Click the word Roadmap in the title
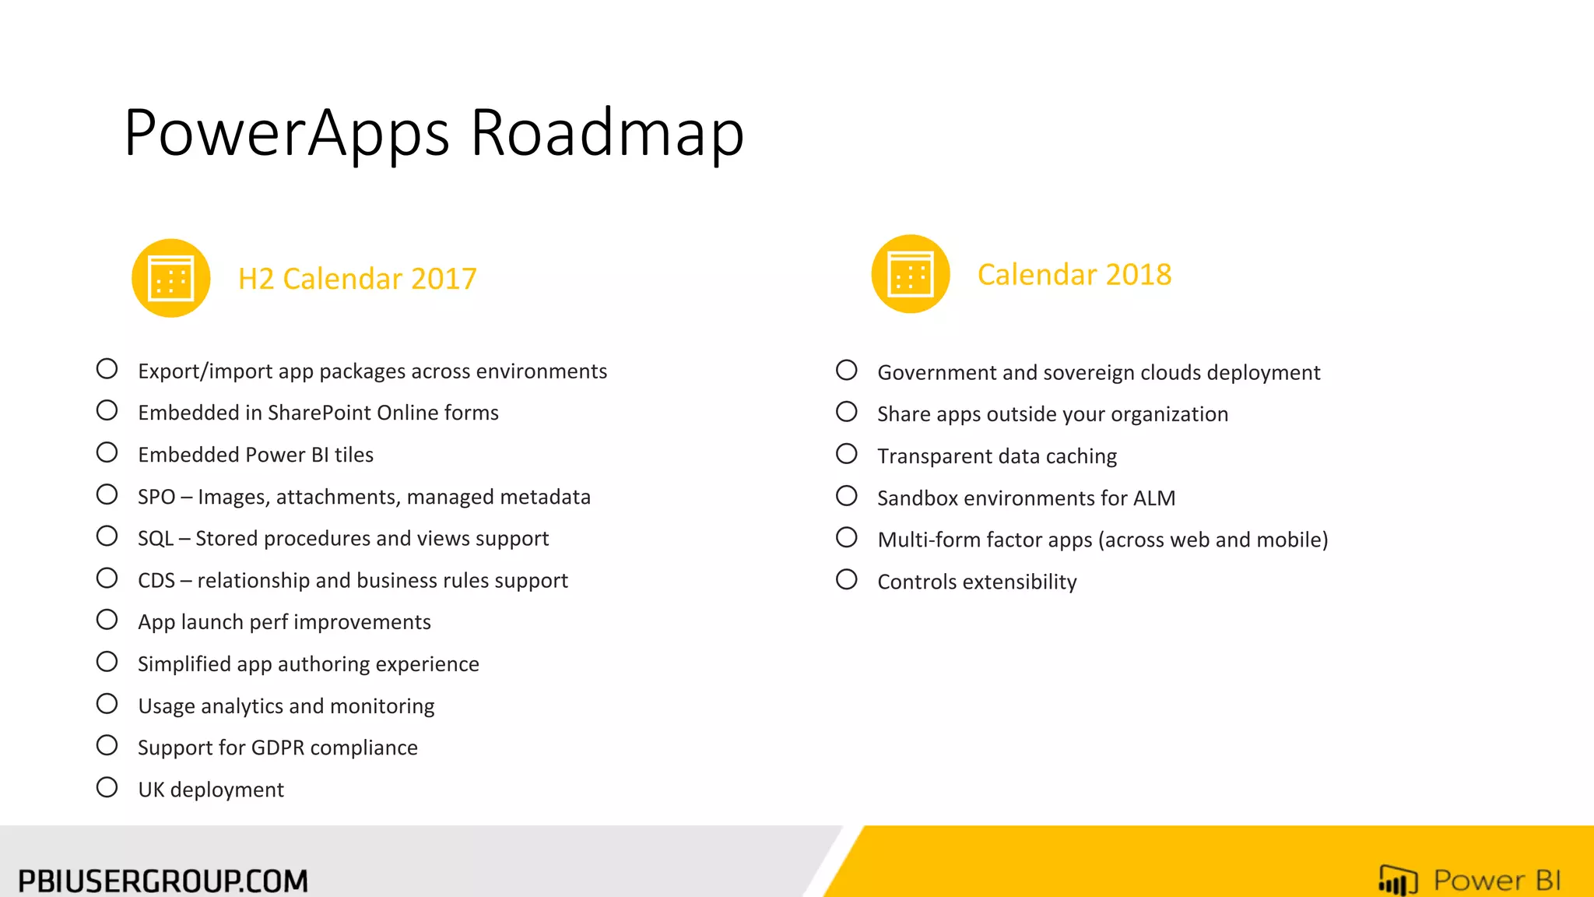coord(607,133)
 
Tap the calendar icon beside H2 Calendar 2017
coord(171,278)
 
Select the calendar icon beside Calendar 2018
coord(911,274)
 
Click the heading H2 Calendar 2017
coord(357,279)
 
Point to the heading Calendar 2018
coord(1074,275)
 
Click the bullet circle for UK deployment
coord(107,787)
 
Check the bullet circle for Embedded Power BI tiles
coord(107,452)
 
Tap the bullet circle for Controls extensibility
coord(847,579)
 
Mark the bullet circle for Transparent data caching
coord(847,454)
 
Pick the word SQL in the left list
coord(156,539)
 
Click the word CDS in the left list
coord(156,581)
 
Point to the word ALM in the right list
coord(1154,498)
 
